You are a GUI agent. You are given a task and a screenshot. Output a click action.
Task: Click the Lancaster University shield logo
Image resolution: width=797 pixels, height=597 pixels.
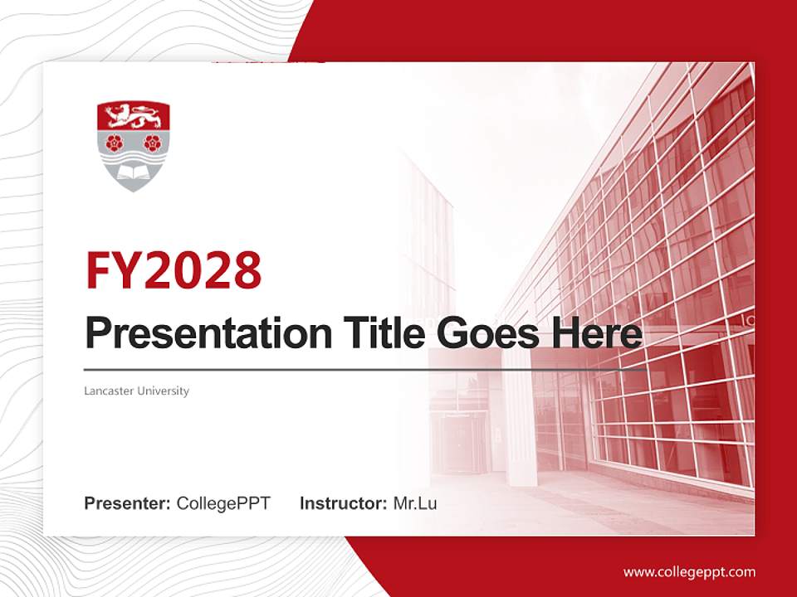pos(134,146)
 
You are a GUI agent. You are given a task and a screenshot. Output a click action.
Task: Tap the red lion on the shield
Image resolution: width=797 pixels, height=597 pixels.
pos(134,115)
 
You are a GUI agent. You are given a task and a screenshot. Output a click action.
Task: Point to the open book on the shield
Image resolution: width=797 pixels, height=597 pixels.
pos(134,172)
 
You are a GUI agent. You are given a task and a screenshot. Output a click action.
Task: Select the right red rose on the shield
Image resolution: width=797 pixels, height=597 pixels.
pos(152,142)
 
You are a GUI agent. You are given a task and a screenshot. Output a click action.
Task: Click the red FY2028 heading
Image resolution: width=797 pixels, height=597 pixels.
pos(174,270)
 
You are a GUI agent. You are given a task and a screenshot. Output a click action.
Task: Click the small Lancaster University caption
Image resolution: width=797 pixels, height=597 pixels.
pos(137,391)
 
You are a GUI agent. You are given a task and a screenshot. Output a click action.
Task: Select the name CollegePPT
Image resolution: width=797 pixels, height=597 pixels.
pos(223,503)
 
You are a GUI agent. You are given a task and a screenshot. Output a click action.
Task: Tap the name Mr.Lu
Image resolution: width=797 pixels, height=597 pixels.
pos(415,503)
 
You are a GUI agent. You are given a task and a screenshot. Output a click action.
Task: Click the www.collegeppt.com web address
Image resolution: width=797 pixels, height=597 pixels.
pos(689,571)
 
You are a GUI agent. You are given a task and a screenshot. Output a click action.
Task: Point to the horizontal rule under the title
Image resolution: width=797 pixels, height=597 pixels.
pos(357,369)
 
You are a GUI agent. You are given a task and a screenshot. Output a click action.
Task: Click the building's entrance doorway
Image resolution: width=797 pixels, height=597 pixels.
pos(457,439)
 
